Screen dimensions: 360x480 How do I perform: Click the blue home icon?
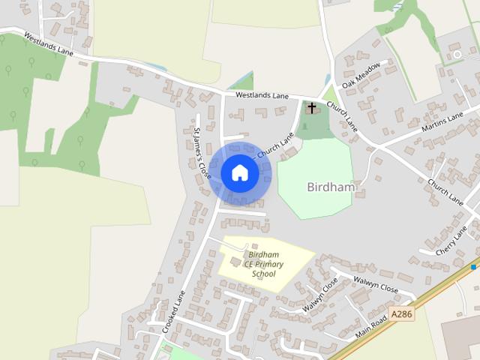tap(240, 173)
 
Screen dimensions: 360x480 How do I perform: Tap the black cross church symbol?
tap(312, 109)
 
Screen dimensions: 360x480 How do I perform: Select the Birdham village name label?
tap(331, 187)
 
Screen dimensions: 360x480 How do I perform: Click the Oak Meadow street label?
tap(361, 74)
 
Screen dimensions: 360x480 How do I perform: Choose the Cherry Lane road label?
tap(451, 240)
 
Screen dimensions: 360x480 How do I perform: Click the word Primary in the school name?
tap(273, 264)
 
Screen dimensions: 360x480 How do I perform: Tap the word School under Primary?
tap(264, 274)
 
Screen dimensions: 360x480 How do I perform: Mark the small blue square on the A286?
tap(474, 266)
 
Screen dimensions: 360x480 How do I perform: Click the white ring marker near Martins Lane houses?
tap(457, 55)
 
